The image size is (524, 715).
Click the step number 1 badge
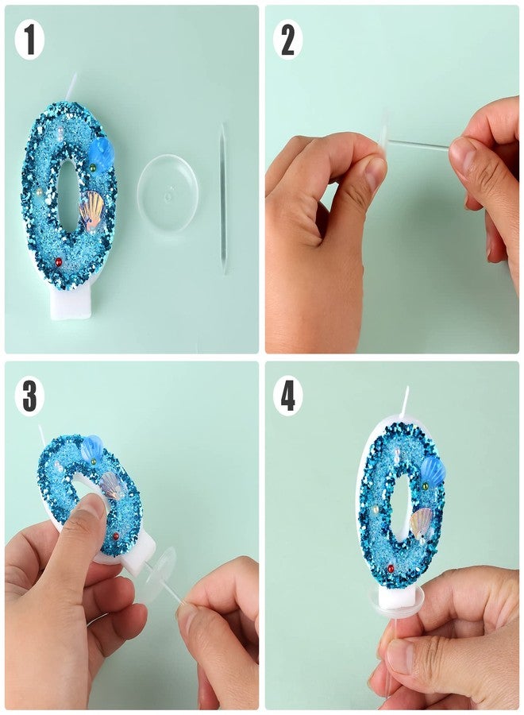pos(29,41)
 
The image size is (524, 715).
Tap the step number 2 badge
pos(287,41)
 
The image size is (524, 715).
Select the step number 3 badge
pos(29,396)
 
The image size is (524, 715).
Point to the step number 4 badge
pos(287,396)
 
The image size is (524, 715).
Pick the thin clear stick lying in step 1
pos(223,199)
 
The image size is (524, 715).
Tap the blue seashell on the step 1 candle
pos(99,153)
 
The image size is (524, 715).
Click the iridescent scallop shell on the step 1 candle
pos(91,208)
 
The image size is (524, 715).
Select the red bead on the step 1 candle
pos(58,261)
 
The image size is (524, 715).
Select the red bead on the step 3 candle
pos(115,535)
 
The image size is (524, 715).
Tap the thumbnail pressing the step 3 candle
pos(93,504)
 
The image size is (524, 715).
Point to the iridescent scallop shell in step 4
pos(421,523)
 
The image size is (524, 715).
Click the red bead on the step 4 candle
pos(390,569)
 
